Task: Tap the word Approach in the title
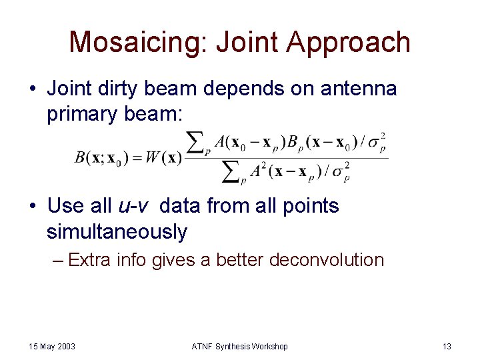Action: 349,42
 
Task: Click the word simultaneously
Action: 117,232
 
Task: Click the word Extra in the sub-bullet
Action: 89,260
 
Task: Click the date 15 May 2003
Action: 52,346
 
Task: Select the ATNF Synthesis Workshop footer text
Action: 240,346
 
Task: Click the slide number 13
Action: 447,346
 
